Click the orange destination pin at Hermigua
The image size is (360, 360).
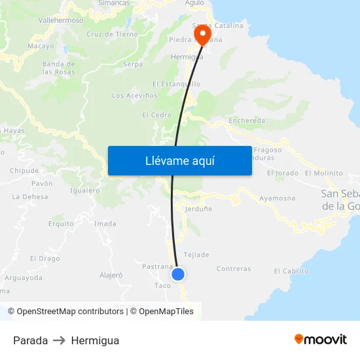click(x=202, y=34)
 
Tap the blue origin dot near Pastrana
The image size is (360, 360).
click(x=178, y=274)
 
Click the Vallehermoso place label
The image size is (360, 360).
click(x=61, y=20)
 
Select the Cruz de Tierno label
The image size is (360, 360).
click(x=112, y=34)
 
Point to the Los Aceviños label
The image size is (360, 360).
click(x=135, y=96)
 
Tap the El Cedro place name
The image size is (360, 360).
click(x=156, y=115)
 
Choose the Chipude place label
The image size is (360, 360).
click(x=24, y=171)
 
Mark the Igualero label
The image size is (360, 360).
click(x=84, y=190)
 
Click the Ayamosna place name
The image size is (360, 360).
click(x=277, y=198)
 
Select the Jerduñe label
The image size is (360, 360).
click(x=198, y=209)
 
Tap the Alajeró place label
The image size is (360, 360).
click(x=111, y=275)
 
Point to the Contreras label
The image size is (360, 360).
click(x=233, y=269)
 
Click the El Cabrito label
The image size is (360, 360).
click(x=291, y=271)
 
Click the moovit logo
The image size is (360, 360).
click(x=320, y=340)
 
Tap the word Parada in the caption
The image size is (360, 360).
click(x=30, y=340)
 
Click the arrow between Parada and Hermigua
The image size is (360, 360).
click(x=60, y=340)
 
